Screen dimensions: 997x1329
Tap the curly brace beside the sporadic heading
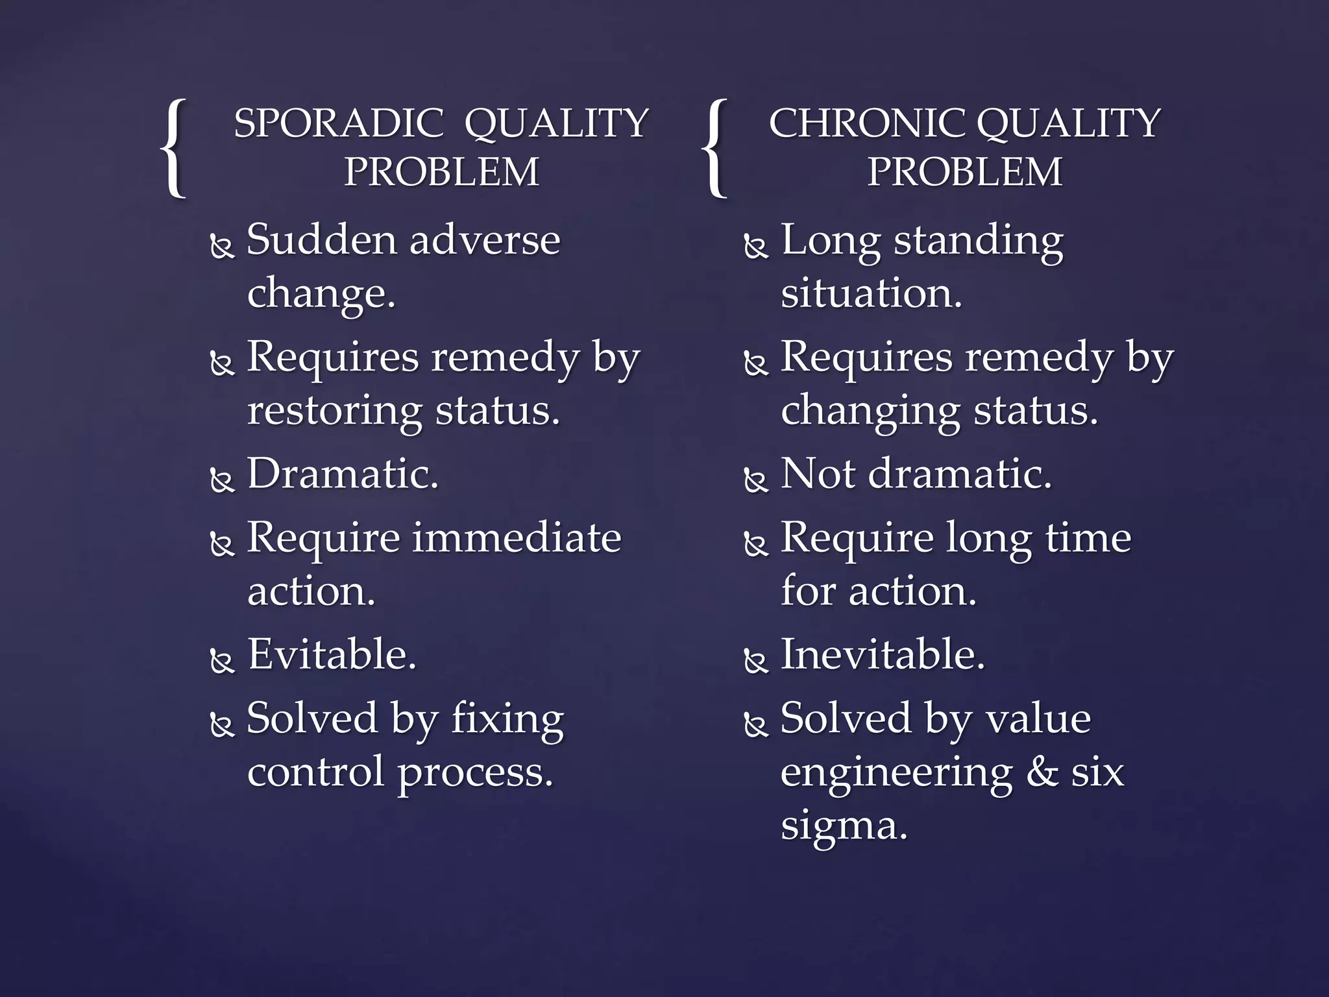174,148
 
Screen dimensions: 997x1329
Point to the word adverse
485,240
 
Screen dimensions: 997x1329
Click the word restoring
334,412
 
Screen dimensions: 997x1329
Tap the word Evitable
332,654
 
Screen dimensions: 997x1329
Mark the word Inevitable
883,654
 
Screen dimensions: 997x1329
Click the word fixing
507,719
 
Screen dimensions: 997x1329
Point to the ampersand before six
1043,772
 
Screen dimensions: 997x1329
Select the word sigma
844,826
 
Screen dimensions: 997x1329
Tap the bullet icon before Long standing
755,247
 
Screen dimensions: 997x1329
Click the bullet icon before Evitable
222,661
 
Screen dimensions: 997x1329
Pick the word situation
871,293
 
